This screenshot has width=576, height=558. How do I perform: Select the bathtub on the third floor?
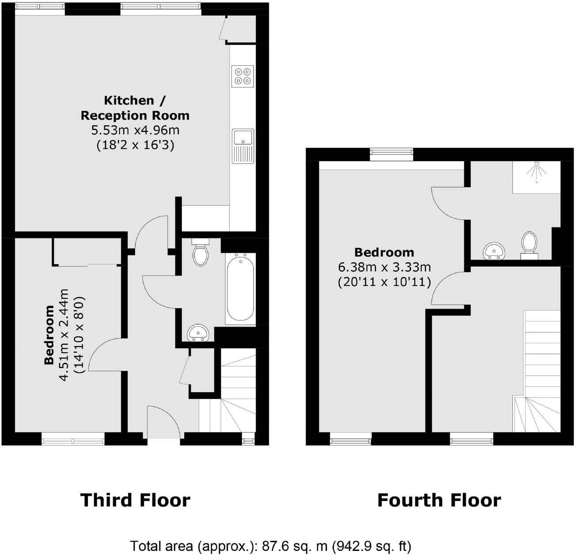pyautogui.click(x=240, y=289)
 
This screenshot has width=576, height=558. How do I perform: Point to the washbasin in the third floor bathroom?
pyautogui.click(x=199, y=333)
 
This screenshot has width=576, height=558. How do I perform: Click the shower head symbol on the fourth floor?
pyautogui.click(x=536, y=172)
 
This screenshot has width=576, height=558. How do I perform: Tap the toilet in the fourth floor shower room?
pyautogui.click(x=529, y=245)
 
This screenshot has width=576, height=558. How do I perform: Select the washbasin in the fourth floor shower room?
pyautogui.click(x=495, y=250)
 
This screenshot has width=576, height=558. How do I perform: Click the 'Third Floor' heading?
pyautogui.click(x=135, y=500)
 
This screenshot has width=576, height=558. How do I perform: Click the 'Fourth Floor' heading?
pyautogui.click(x=439, y=500)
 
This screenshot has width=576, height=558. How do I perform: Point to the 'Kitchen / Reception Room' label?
pyautogui.click(x=135, y=108)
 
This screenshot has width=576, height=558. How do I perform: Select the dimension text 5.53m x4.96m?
pyautogui.click(x=135, y=130)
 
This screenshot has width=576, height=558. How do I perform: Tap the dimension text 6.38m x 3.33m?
pyautogui.click(x=384, y=267)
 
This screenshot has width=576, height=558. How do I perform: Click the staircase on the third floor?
pyautogui.click(x=230, y=397)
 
